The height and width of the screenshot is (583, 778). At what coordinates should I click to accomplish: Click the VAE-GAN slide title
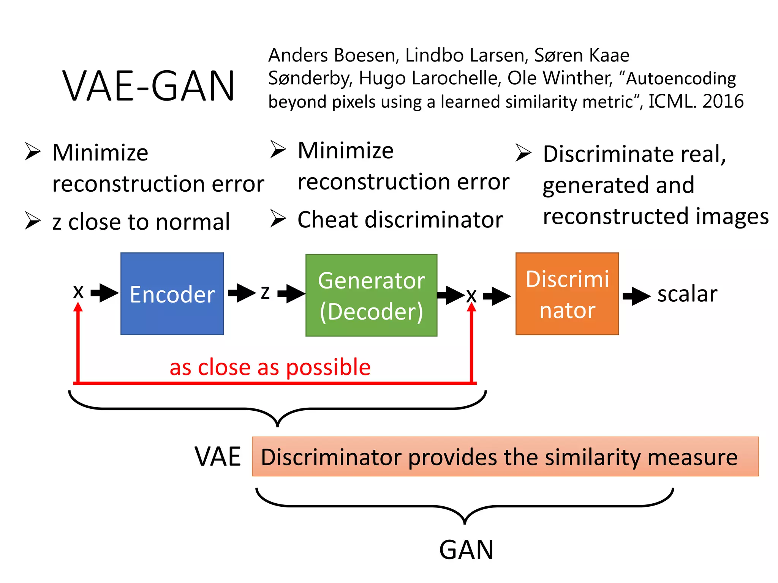click(149, 87)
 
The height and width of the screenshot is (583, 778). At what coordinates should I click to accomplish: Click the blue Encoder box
click(172, 294)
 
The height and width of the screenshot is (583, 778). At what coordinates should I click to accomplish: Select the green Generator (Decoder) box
click(371, 295)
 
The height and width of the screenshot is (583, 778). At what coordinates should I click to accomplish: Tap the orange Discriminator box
click(567, 294)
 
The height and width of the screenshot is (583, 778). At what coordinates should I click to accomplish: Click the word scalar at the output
click(687, 294)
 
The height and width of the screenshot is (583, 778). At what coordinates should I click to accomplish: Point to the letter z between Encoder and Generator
click(265, 293)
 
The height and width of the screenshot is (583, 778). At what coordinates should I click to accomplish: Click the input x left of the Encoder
click(78, 292)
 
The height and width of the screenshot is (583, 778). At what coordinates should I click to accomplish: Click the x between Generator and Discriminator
click(471, 296)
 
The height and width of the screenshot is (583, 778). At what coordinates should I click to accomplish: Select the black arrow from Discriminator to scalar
click(637, 296)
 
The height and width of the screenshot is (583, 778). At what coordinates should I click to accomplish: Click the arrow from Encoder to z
click(242, 293)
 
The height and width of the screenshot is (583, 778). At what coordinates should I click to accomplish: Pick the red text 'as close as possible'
click(270, 367)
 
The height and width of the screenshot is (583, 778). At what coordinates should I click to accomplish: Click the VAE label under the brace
click(218, 456)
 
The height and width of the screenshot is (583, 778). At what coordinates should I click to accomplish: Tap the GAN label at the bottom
click(466, 550)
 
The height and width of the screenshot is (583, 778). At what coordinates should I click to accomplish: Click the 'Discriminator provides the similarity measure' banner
click(505, 457)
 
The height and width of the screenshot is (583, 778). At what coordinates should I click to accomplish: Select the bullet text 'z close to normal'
click(141, 222)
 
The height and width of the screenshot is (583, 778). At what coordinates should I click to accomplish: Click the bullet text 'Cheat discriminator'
click(400, 220)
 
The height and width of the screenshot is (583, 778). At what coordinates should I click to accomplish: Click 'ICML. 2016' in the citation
click(696, 101)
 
